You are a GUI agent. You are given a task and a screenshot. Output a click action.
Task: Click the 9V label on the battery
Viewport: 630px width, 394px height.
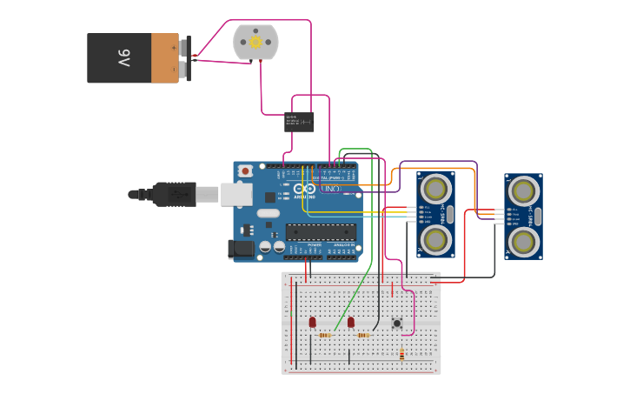tap(123, 58)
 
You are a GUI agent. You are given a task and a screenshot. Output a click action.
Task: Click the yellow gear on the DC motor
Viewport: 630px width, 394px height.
tap(255, 42)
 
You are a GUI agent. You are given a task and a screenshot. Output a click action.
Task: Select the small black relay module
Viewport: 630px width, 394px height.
tap(300, 122)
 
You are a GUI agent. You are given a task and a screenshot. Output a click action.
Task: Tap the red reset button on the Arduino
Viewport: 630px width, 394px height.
tap(246, 170)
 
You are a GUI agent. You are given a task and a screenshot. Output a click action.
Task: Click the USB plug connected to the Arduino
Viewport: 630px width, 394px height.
tap(174, 194)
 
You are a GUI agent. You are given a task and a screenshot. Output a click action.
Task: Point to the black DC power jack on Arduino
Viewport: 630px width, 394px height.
tap(241, 249)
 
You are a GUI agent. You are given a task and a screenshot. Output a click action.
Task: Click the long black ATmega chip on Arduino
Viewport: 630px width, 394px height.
tap(321, 231)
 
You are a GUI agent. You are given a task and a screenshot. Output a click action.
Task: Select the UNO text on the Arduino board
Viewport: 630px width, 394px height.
tap(331, 189)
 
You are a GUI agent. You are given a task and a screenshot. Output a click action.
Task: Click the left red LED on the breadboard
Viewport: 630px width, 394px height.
tap(312, 322)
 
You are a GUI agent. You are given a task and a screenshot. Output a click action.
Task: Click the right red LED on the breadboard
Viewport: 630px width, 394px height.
tap(351, 322)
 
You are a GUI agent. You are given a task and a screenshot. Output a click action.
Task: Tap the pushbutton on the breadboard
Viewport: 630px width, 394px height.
tap(397, 324)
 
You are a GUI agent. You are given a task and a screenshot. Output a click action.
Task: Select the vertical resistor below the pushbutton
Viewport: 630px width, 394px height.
tap(401, 354)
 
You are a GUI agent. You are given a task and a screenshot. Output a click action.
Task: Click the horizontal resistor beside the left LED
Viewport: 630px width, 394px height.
tap(325, 335)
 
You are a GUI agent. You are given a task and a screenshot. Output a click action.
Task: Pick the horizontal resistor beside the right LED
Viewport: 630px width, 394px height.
tap(363, 335)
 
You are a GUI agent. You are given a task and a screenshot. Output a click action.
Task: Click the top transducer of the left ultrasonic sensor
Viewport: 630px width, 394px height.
tap(435, 188)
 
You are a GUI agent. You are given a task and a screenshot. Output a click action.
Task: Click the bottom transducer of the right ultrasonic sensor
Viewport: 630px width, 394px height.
tap(524, 240)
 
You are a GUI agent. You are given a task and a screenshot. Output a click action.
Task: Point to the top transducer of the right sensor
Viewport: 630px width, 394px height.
tap(524, 190)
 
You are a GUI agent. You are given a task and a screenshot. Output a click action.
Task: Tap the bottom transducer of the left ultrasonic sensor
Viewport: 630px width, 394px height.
tap(435, 238)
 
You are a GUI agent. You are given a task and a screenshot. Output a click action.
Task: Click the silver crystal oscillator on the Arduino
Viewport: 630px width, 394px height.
tap(269, 213)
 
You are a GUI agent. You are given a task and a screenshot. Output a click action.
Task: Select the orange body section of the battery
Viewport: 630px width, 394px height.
tap(164, 58)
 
